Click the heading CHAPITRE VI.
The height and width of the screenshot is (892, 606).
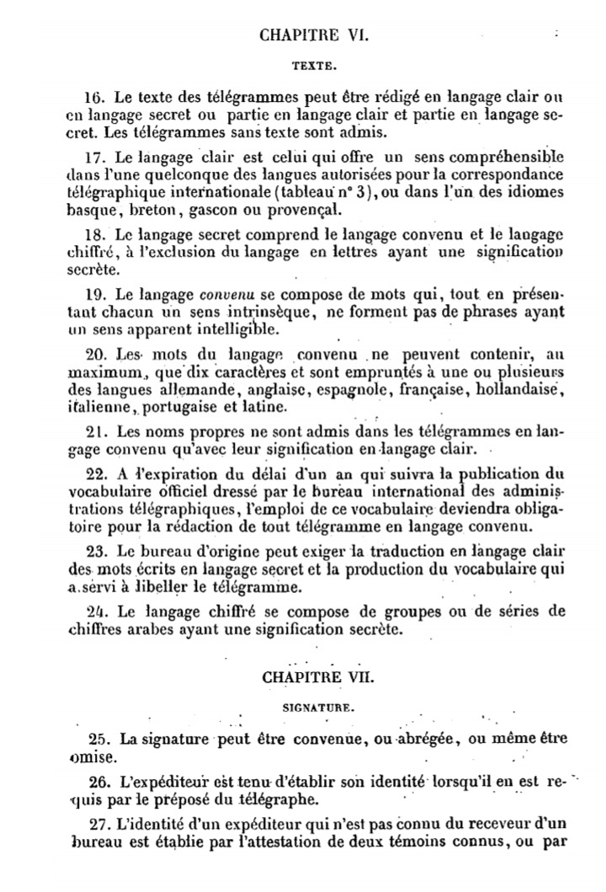pos(311,35)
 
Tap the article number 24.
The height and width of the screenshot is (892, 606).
pos(98,609)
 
